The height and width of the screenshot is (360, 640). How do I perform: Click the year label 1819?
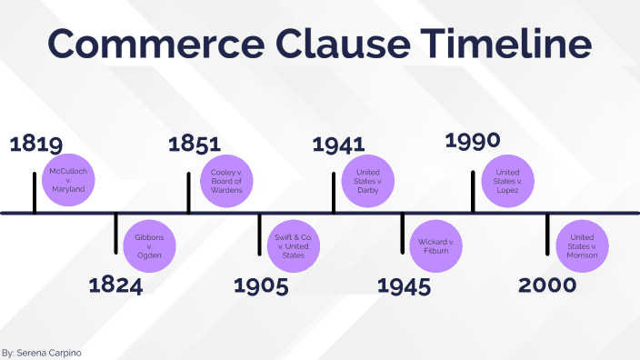[x=35, y=145]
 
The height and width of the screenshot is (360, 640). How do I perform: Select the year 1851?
[x=195, y=144]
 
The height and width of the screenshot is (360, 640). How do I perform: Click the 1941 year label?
[x=338, y=145]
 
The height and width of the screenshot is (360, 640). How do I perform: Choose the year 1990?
[x=473, y=141]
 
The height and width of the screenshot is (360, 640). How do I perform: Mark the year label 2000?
[x=547, y=285]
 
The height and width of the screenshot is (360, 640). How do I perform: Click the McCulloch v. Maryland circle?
[x=68, y=182]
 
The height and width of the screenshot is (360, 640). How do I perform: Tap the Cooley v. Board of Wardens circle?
[x=227, y=182]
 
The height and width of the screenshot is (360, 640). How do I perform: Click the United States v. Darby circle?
[x=367, y=182]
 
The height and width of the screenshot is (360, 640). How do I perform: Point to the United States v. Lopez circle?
[x=507, y=182]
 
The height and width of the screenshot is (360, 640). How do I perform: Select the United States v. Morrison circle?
[x=582, y=245]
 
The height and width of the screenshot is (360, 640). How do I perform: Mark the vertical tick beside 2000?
[x=547, y=235]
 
